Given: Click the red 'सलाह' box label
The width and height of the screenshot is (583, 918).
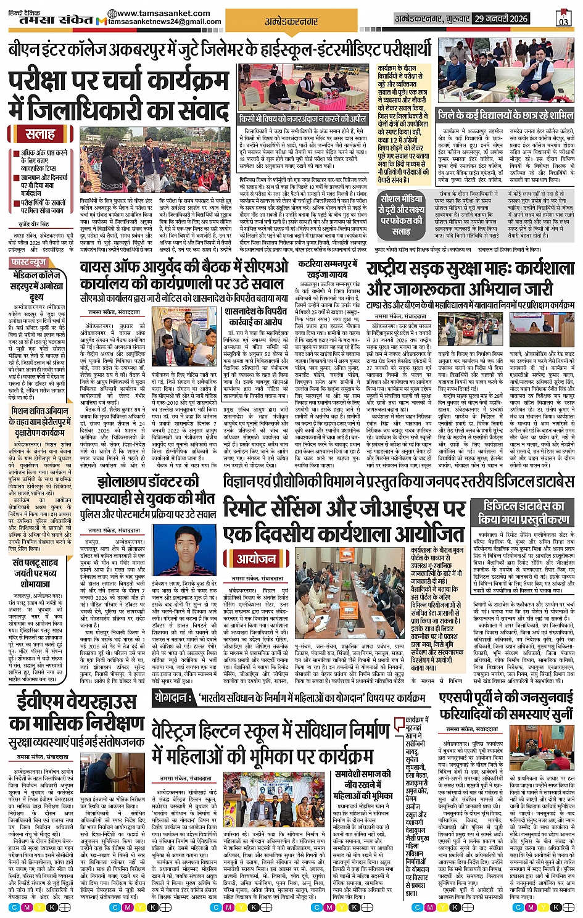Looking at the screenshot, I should pyautogui.click(x=41, y=134).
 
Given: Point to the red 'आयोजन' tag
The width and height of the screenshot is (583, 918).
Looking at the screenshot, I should pyautogui.click(x=257, y=558).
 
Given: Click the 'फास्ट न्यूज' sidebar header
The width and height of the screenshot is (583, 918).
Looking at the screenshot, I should pyautogui.click(x=29, y=262).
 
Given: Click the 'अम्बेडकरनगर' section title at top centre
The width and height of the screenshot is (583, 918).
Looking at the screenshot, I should pyautogui.click(x=291, y=21).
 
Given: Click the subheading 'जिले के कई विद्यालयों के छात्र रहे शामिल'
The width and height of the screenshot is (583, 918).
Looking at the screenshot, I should pyautogui.click(x=505, y=115).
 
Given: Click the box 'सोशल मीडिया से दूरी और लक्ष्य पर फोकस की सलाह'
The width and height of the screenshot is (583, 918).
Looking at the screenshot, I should pyautogui.click(x=400, y=214).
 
